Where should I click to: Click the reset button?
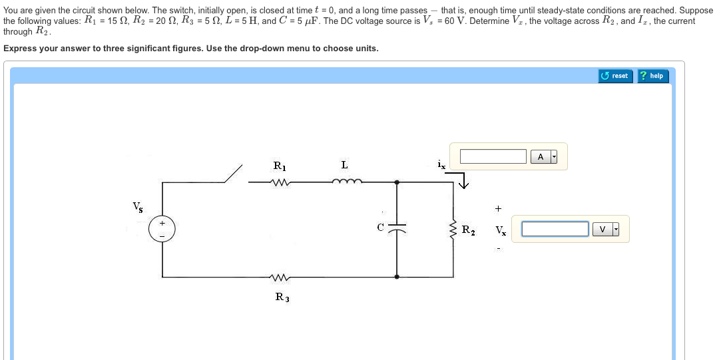[x=614, y=76]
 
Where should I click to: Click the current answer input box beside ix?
[x=493, y=156]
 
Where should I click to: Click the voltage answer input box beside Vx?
[x=555, y=230]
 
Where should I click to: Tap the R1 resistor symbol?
[x=279, y=182]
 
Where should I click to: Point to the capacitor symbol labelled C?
[x=397, y=228]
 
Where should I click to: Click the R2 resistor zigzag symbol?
[x=454, y=229]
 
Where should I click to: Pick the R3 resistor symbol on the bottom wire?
[x=279, y=277]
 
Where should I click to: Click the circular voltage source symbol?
[x=162, y=228]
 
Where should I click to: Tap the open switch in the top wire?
[x=233, y=174]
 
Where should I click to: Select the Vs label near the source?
[x=137, y=206]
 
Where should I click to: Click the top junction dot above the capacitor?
[x=397, y=182]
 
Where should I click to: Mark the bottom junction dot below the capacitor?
[x=397, y=277]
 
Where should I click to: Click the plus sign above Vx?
[x=498, y=208]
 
